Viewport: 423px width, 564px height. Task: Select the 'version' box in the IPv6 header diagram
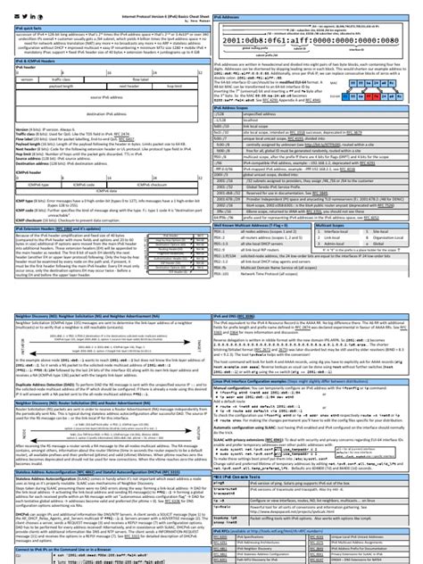(23, 78)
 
